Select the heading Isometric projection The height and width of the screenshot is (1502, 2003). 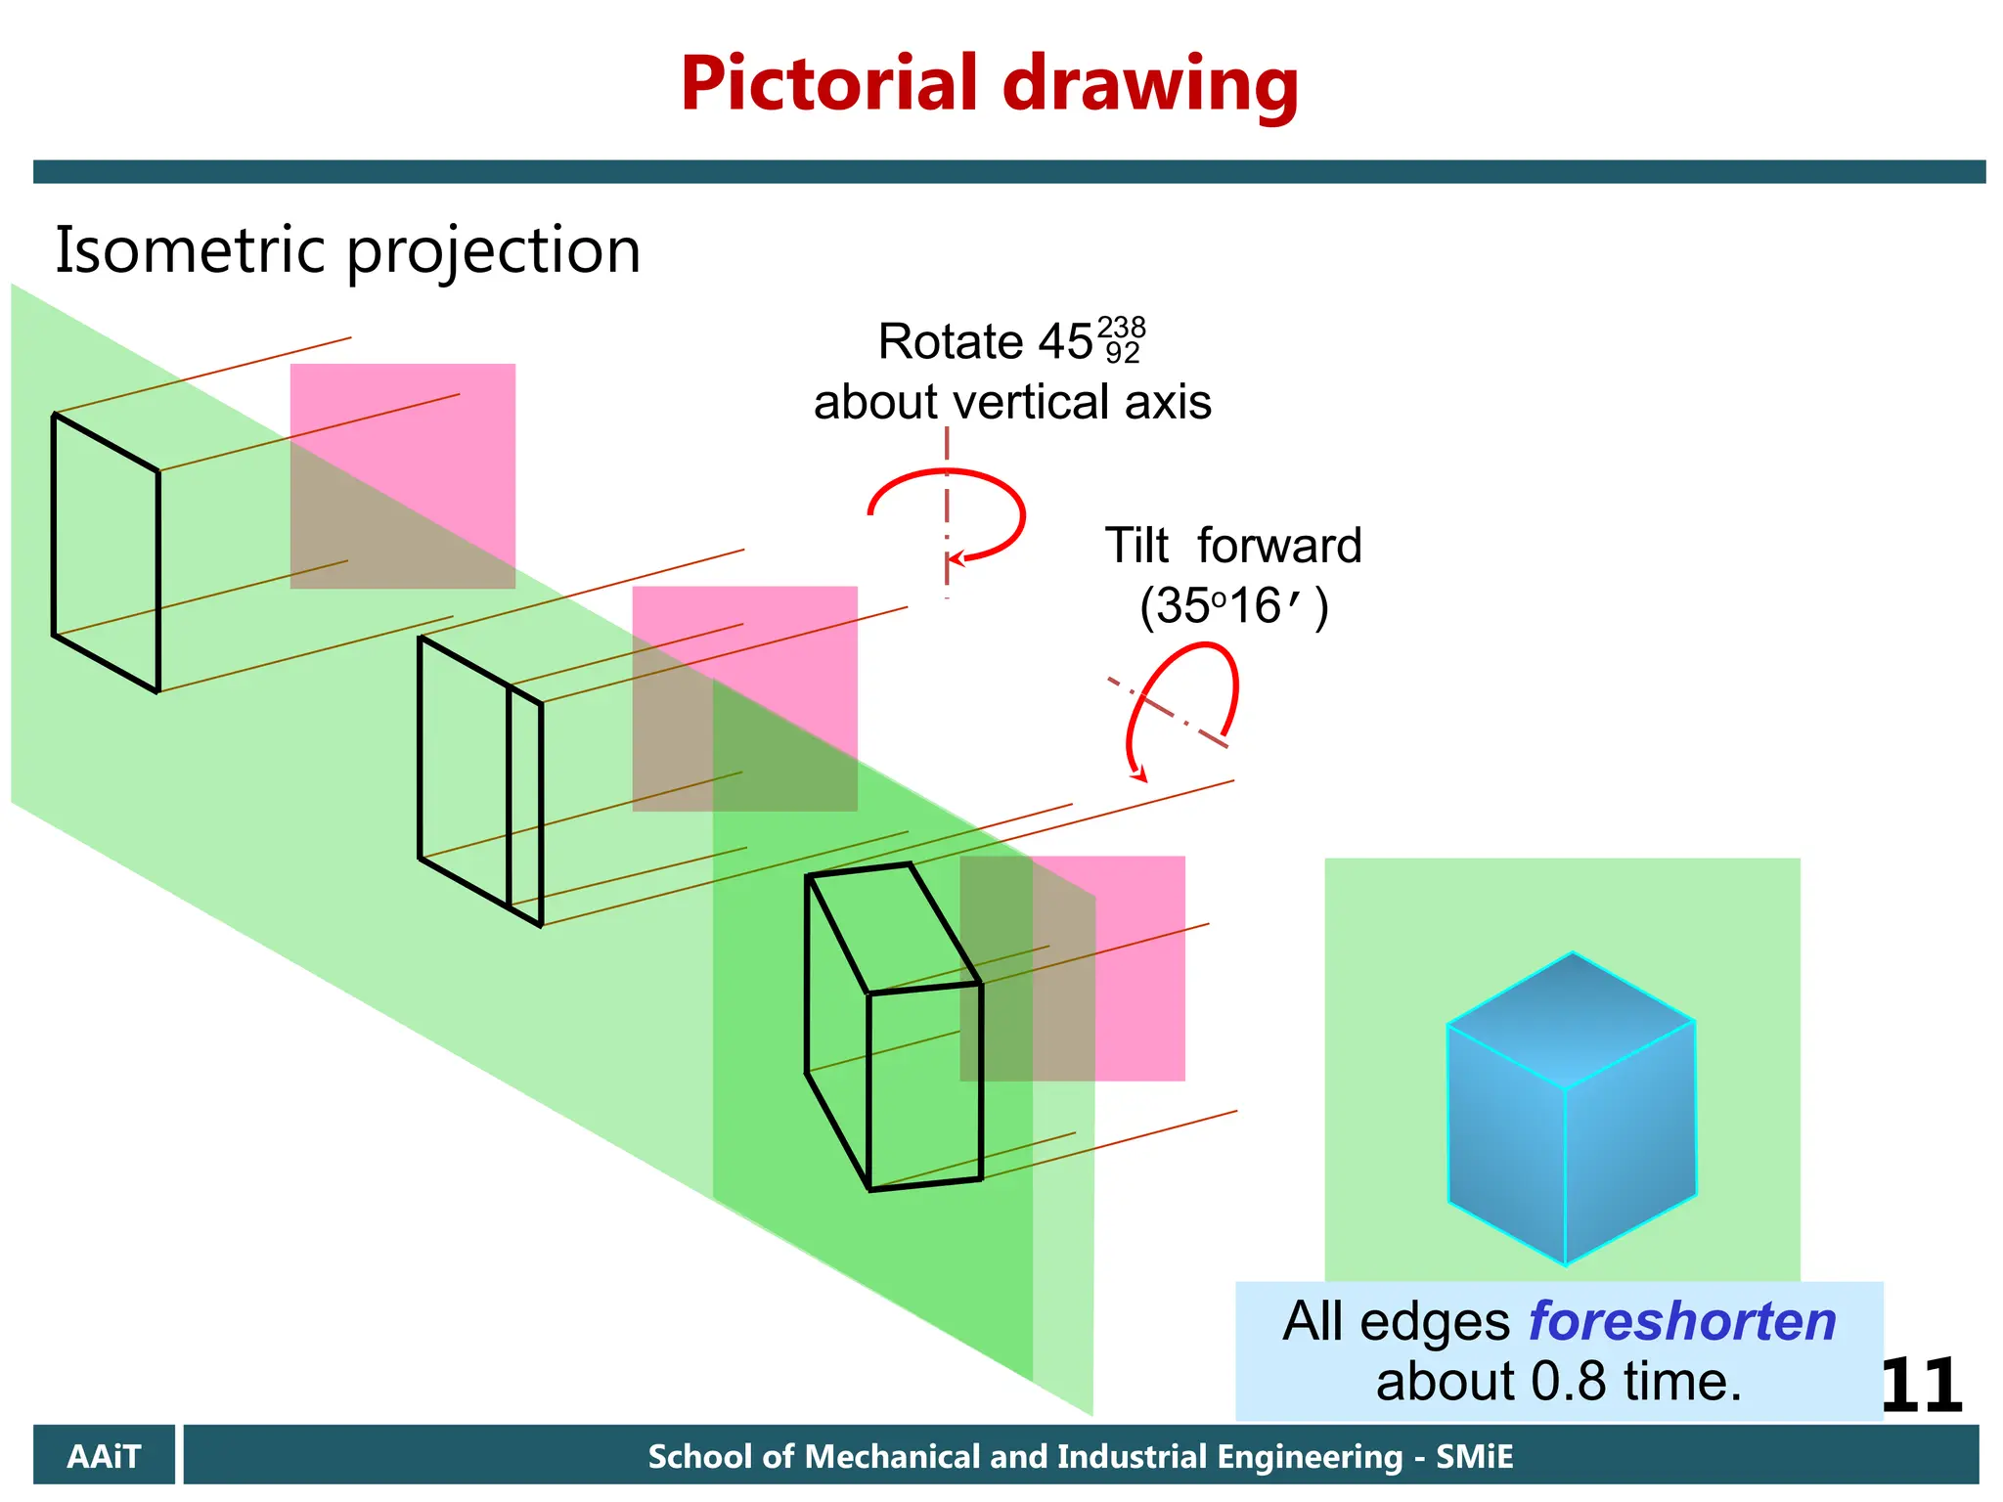pos(347,250)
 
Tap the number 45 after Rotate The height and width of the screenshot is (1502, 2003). pos(1065,342)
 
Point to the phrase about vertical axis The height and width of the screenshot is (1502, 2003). pos(1012,402)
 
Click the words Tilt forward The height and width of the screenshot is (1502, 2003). pos(1232,546)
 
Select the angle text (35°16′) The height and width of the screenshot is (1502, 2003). pos(1233,607)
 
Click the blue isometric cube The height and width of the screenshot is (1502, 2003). pos(1571,1110)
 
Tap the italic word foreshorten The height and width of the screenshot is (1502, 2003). pos(1682,1321)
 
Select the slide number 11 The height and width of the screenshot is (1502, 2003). pos(1920,1386)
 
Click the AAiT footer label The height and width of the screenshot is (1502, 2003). pos(104,1456)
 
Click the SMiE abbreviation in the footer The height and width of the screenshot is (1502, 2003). pos(1474,1456)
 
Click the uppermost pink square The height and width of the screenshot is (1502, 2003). pos(402,475)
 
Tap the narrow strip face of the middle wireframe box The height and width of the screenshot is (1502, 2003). pos(525,804)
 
